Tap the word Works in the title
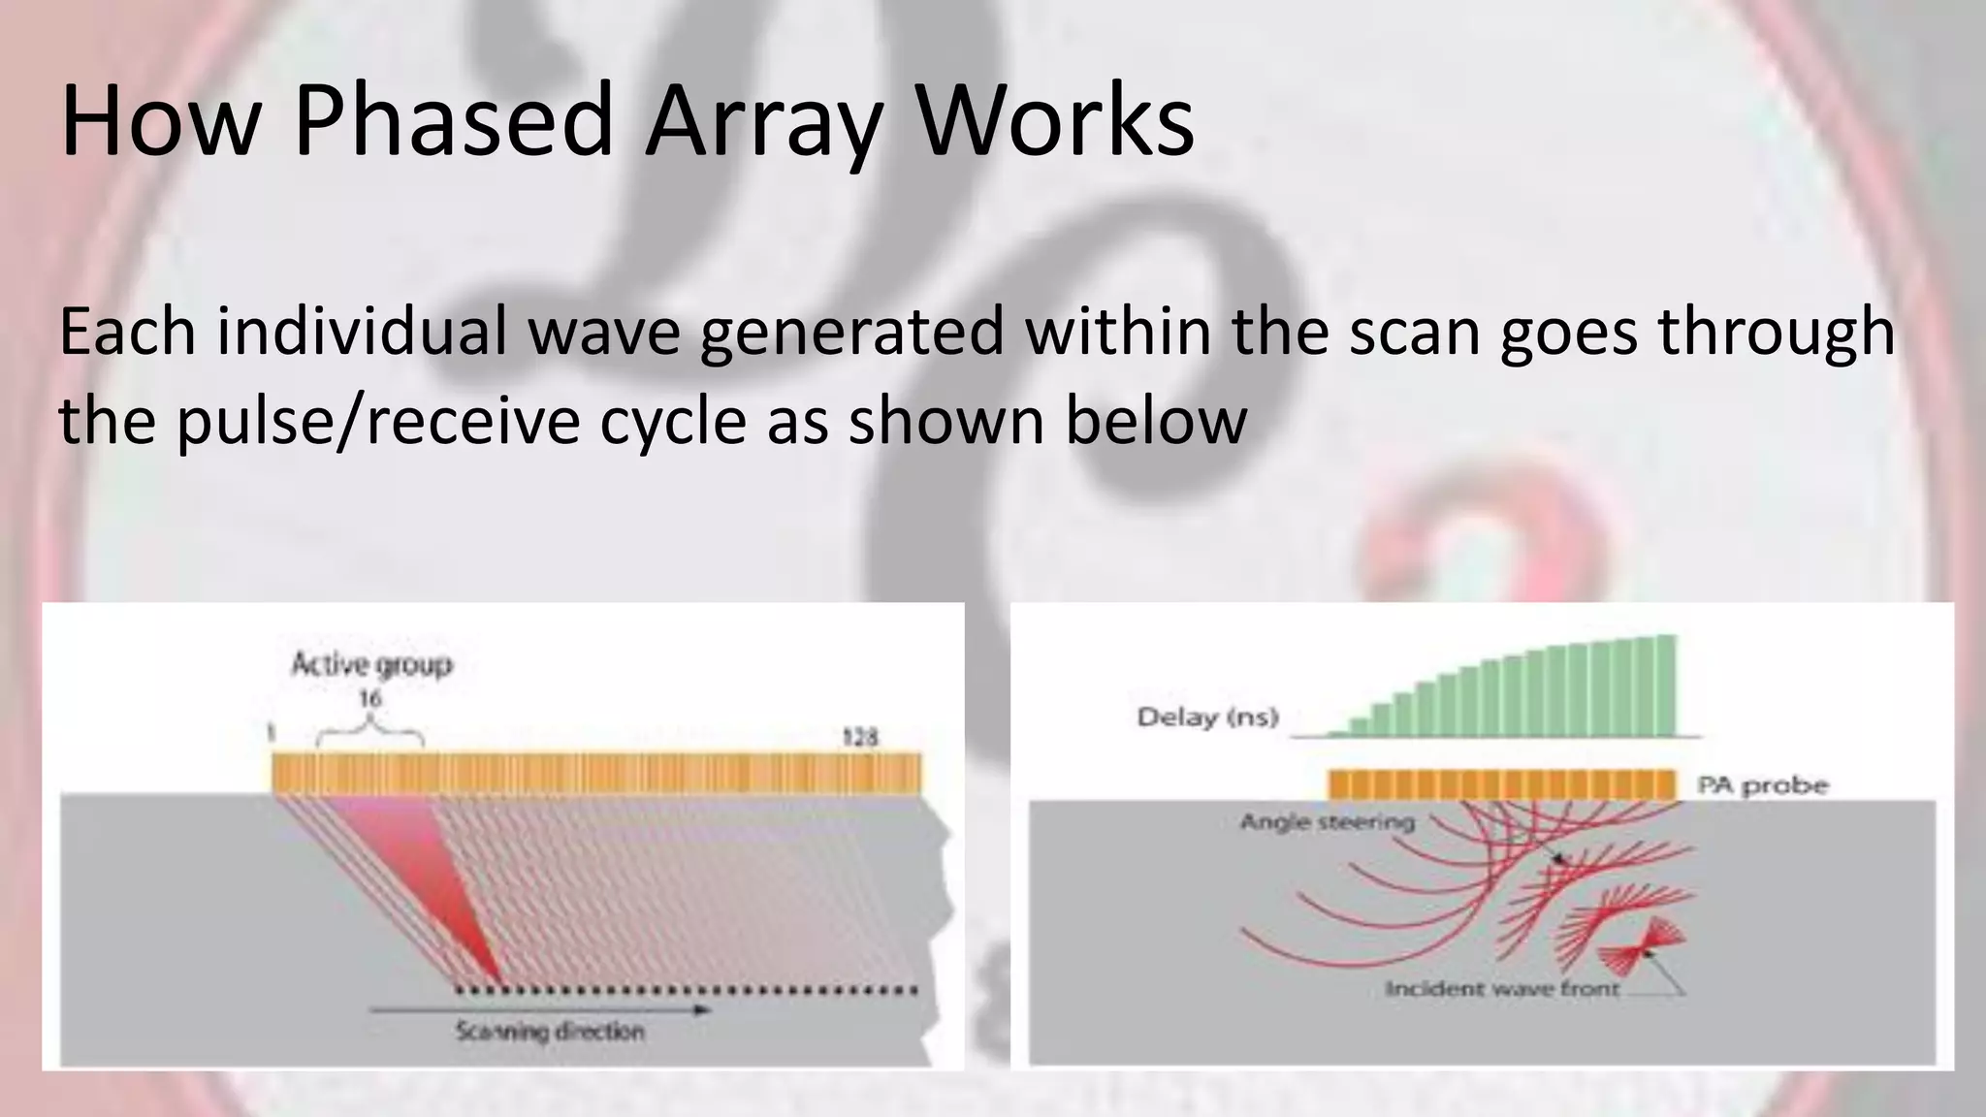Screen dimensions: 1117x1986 pos(1056,121)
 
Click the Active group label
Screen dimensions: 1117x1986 pos(372,665)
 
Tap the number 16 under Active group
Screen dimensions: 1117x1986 pos(369,698)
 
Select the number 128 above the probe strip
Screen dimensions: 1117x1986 pos(859,738)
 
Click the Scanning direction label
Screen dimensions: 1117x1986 pos(550,1032)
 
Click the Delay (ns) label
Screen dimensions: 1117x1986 pos(1207,718)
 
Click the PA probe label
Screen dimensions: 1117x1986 pos(1762,785)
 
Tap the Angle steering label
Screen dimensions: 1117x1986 pos(1327,822)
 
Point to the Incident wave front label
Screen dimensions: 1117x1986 pos(1502,989)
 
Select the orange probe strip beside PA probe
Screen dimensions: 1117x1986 pos(1502,784)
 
